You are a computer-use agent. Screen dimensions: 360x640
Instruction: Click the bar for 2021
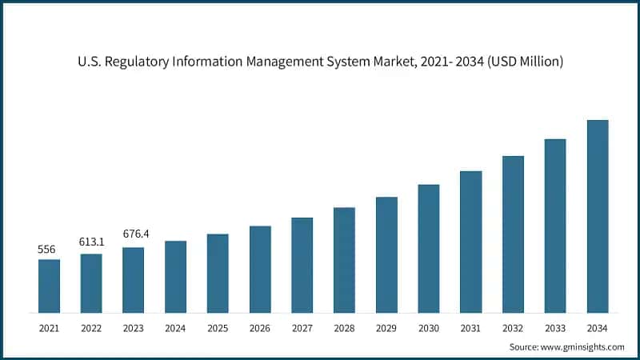(x=49, y=286)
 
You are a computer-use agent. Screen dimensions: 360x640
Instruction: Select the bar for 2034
(x=597, y=216)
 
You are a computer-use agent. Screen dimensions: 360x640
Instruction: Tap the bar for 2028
(x=344, y=260)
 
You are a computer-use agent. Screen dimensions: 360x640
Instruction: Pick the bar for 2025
(x=218, y=273)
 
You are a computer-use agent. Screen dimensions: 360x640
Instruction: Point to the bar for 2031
(x=470, y=242)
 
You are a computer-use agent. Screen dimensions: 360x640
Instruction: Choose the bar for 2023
(x=134, y=280)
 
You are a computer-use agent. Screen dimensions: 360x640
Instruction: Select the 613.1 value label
(x=91, y=242)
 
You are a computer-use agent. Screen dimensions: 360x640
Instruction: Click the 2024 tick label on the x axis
(x=175, y=328)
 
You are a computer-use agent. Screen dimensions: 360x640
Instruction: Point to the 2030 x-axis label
(x=429, y=328)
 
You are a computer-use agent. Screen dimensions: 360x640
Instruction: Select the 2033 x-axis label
(x=555, y=328)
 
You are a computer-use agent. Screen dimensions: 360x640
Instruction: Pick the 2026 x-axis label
(x=260, y=328)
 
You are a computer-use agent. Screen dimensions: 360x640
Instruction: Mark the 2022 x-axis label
(x=91, y=328)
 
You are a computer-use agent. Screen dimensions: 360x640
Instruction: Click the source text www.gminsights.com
(x=583, y=347)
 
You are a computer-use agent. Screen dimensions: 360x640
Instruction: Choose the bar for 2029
(x=386, y=254)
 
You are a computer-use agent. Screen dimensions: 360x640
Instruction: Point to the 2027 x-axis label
(x=302, y=328)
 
